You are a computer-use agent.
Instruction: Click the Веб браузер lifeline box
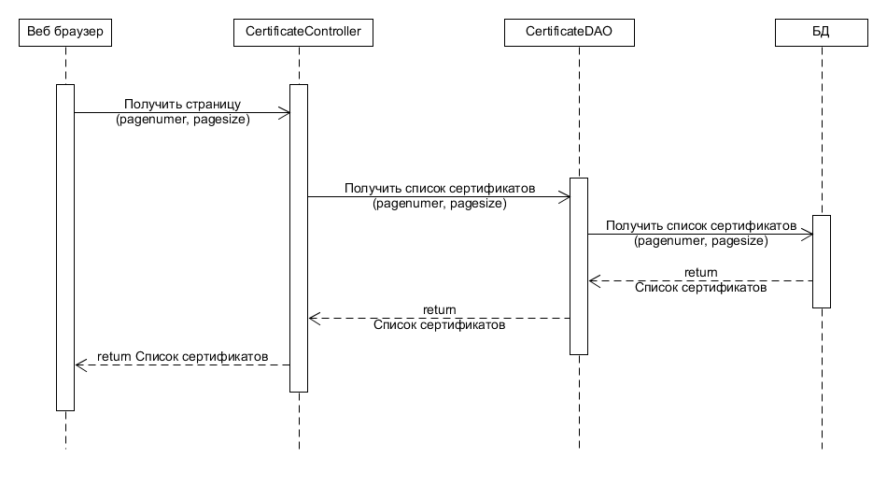65,34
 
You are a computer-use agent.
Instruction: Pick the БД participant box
822,34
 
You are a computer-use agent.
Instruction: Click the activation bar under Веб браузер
65,248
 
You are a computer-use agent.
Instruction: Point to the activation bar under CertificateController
299,238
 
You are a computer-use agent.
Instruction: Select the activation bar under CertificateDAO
579,266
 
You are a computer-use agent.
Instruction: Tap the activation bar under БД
822,262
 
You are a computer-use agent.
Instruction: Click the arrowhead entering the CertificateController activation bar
285,113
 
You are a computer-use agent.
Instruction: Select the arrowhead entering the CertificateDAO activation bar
565,197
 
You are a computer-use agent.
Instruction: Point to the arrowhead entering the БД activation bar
808,235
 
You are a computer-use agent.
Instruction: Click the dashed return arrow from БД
700,281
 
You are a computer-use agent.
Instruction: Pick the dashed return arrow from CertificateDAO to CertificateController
439,319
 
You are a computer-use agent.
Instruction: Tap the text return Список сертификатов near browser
183,356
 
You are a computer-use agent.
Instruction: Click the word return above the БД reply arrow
700,273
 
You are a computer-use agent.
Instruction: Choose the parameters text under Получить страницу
183,120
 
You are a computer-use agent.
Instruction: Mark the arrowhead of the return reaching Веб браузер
80,365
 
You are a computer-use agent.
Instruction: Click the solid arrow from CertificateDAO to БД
700,235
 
